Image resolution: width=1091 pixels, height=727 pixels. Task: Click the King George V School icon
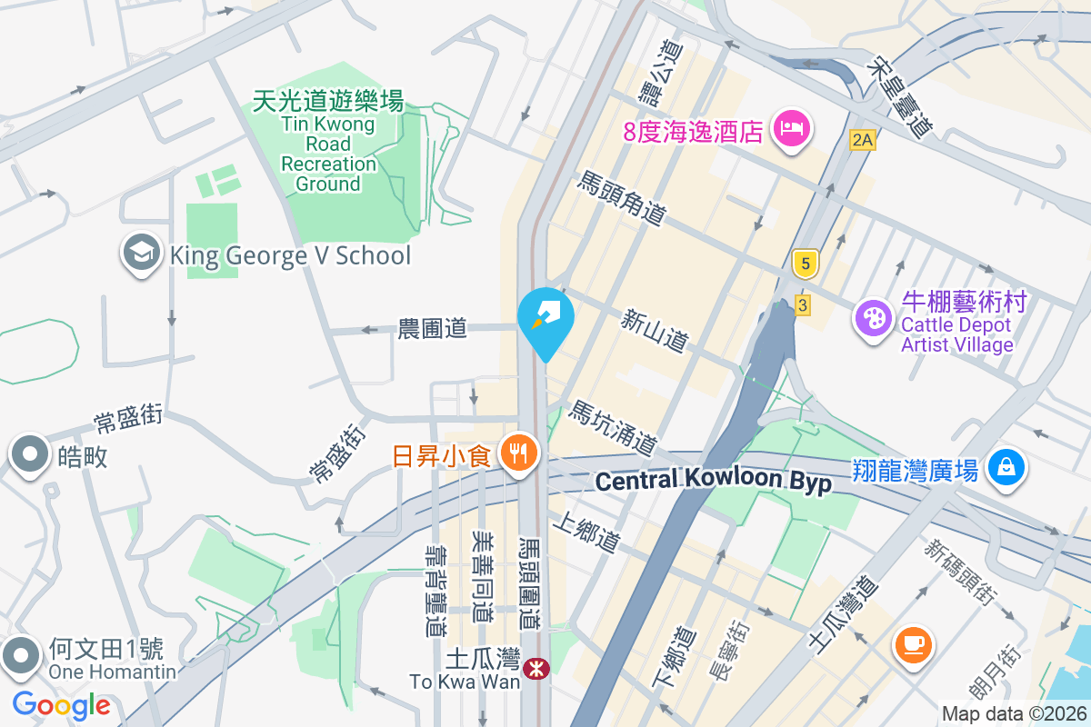click(x=142, y=254)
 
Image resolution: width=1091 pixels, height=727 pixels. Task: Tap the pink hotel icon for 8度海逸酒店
click(x=791, y=129)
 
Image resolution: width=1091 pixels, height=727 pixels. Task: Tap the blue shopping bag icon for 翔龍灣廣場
click(x=1006, y=468)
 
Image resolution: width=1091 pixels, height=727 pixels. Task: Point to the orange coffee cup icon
click(x=914, y=643)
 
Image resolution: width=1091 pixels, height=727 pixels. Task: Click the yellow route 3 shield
click(x=801, y=304)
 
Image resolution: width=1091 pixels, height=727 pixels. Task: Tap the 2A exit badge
click(x=863, y=140)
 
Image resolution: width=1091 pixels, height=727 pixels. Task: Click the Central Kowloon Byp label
click(x=714, y=481)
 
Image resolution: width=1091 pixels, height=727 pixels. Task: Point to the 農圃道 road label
click(x=433, y=328)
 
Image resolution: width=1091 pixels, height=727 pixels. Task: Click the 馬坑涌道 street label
click(x=613, y=428)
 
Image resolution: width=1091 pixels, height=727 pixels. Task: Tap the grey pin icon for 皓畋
click(x=29, y=453)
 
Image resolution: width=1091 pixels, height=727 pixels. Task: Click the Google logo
click(x=61, y=704)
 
